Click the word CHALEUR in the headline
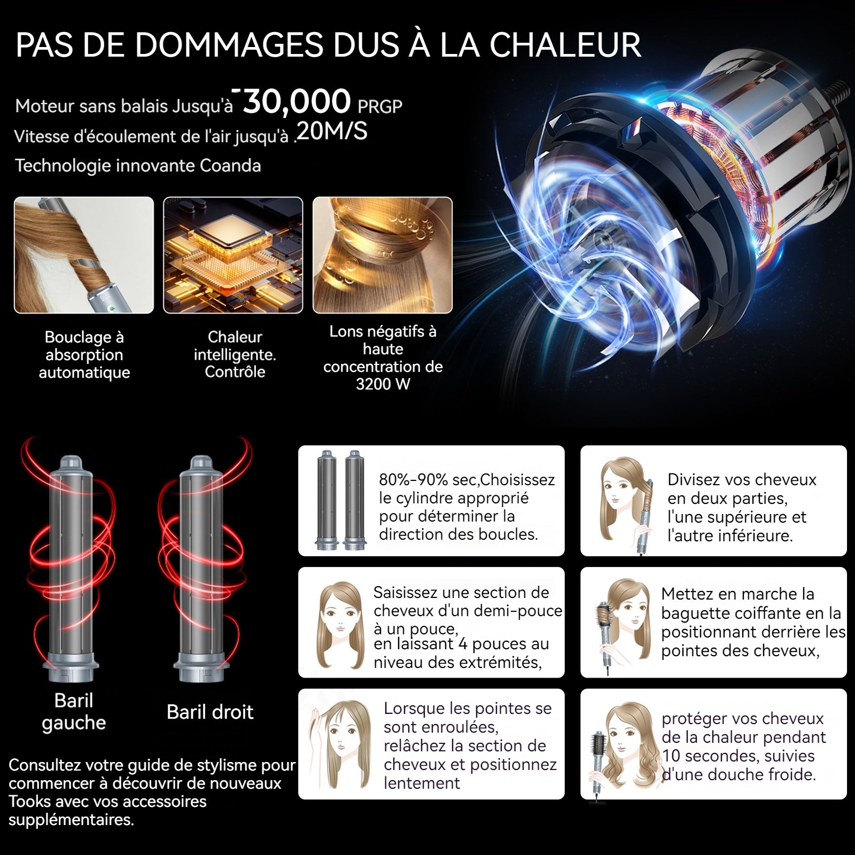pos(565,45)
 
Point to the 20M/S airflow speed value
pos(332,131)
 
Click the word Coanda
pos(230,166)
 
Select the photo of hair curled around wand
pos(84,255)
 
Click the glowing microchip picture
pos(233,255)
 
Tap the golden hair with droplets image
pos(383,255)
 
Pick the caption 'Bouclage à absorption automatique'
pos(84,355)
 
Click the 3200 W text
pos(383,384)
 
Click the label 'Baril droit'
pos(210,712)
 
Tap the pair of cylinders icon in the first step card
pos(341,500)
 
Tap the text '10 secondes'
pos(709,756)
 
